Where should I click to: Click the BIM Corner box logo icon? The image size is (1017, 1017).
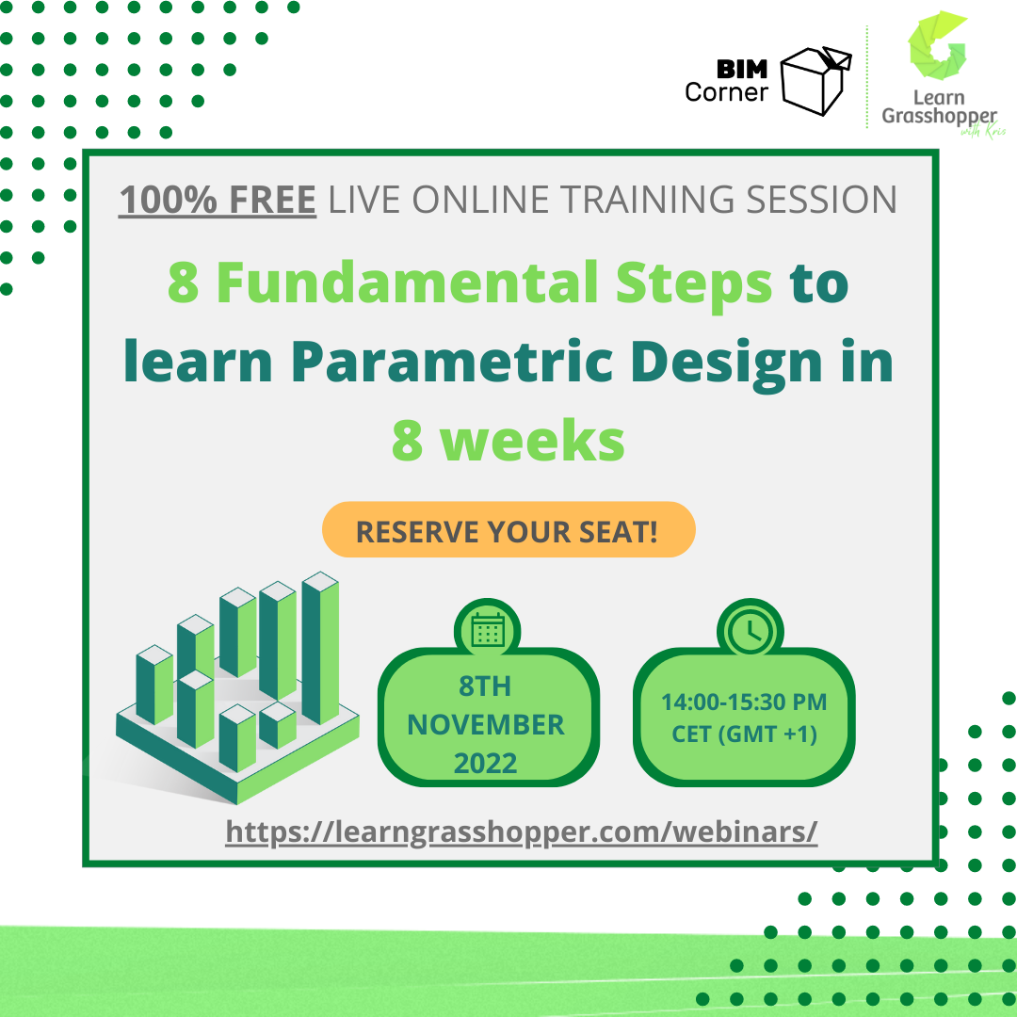[x=815, y=80]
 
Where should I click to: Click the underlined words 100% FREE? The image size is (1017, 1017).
[x=217, y=200]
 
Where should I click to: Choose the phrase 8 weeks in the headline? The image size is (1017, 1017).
[x=508, y=441]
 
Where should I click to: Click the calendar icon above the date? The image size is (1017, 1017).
[x=488, y=630]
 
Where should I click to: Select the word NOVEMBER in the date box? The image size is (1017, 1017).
[x=486, y=725]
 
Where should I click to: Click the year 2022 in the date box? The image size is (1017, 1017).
[x=486, y=763]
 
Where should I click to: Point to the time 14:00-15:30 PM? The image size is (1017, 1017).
[x=744, y=702]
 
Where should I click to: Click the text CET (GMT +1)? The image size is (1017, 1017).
[x=744, y=734]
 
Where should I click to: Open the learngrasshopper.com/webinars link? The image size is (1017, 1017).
[x=522, y=831]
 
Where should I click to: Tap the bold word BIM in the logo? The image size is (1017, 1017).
[x=743, y=70]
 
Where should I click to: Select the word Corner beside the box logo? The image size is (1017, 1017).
[x=727, y=92]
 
